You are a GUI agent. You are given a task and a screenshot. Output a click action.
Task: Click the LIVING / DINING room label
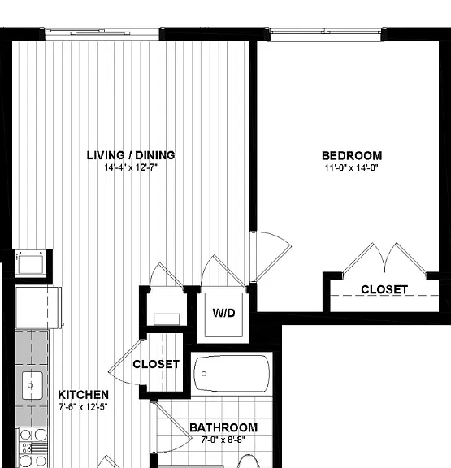131,155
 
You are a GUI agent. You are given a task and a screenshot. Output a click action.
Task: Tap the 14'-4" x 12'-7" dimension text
131,167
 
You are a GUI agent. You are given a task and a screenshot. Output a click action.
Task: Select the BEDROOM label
352,155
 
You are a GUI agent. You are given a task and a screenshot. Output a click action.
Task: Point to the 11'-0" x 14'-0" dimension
352,167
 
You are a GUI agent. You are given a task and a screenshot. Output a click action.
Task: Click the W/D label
223,313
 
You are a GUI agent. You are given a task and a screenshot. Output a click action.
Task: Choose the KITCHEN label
83,395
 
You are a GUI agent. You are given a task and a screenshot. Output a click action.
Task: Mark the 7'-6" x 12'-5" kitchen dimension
83,407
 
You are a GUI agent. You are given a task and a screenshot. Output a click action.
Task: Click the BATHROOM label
223,427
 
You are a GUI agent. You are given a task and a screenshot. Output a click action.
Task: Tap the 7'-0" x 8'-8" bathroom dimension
223,440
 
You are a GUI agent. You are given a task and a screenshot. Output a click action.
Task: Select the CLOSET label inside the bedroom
384,289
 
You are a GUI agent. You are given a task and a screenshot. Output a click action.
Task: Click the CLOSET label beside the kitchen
156,364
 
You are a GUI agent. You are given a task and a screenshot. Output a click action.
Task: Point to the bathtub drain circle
204,374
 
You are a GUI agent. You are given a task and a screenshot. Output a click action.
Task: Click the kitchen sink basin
33,386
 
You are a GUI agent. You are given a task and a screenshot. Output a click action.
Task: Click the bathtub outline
232,374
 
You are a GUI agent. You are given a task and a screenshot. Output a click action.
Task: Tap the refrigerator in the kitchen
38,307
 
